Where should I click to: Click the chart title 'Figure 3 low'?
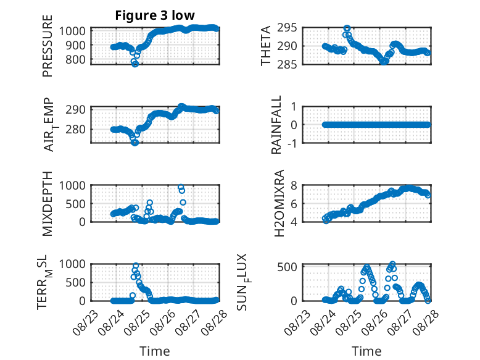[x=155, y=15]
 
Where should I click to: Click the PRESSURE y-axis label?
[x=48, y=46]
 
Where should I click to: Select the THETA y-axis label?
[x=266, y=46]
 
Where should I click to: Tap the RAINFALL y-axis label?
[x=276, y=125]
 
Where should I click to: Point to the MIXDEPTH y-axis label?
[x=48, y=204]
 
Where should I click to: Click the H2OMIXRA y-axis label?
[x=279, y=203]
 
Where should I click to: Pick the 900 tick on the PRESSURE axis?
[x=77, y=45]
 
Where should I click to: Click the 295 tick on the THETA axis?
[x=287, y=28]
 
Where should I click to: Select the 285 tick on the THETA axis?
[x=287, y=64]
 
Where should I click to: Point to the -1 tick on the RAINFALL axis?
[x=292, y=143]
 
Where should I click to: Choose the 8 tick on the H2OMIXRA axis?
[x=294, y=185]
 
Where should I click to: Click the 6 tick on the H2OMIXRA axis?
[x=294, y=204]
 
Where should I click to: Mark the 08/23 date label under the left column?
[x=85, y=322]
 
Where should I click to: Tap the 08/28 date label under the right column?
[x=426, y=322]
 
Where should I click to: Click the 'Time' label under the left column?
[x=155, y=351]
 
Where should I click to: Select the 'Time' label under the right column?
[x=366, y=351]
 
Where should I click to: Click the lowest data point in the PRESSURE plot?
[x=135, y=64]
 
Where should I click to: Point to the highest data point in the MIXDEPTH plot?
[x=181, y=187]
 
